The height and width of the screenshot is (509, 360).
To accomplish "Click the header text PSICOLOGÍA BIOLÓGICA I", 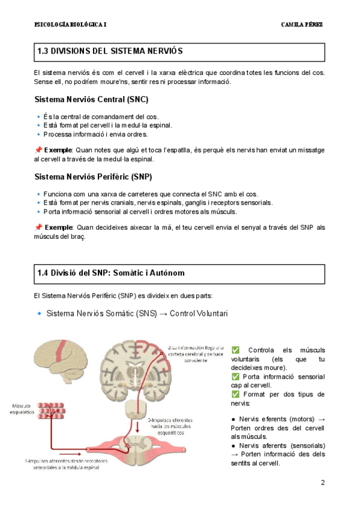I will coord(71,25).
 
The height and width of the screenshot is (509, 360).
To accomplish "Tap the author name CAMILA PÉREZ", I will coord(302,25).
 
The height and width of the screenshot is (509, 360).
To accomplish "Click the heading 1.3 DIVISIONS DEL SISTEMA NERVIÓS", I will coord(110,52).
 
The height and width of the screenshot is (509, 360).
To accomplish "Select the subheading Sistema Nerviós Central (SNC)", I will coord(91,99).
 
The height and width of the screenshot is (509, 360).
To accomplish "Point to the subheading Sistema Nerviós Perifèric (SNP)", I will coord(93,176).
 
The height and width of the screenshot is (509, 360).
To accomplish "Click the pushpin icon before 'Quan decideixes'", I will coord(38,227).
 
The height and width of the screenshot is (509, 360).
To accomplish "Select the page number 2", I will coord(322,483).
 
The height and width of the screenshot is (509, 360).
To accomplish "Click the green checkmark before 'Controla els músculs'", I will coord(235,351).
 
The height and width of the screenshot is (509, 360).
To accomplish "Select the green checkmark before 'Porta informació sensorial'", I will coord(235,376).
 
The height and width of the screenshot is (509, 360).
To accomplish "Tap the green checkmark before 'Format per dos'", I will coord(235,394).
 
